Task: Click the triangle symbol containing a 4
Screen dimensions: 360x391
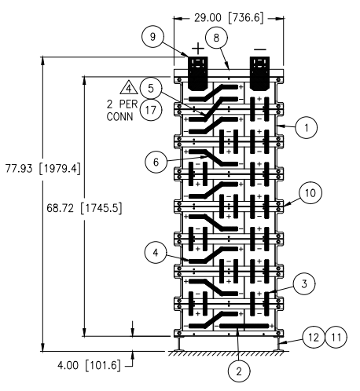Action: tap(129, 88)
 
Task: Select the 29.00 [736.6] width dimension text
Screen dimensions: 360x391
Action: tap(228, 18)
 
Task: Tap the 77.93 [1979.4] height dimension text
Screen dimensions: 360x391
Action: tap(43, 168)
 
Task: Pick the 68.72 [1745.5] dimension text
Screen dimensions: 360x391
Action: tap(84, 208)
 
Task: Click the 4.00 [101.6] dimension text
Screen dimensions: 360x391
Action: tap(90, 365)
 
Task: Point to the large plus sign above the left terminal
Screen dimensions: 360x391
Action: tap(198, 49)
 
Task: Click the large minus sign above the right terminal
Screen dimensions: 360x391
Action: tap(260, 49)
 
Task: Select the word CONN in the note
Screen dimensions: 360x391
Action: tap(120, 116)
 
